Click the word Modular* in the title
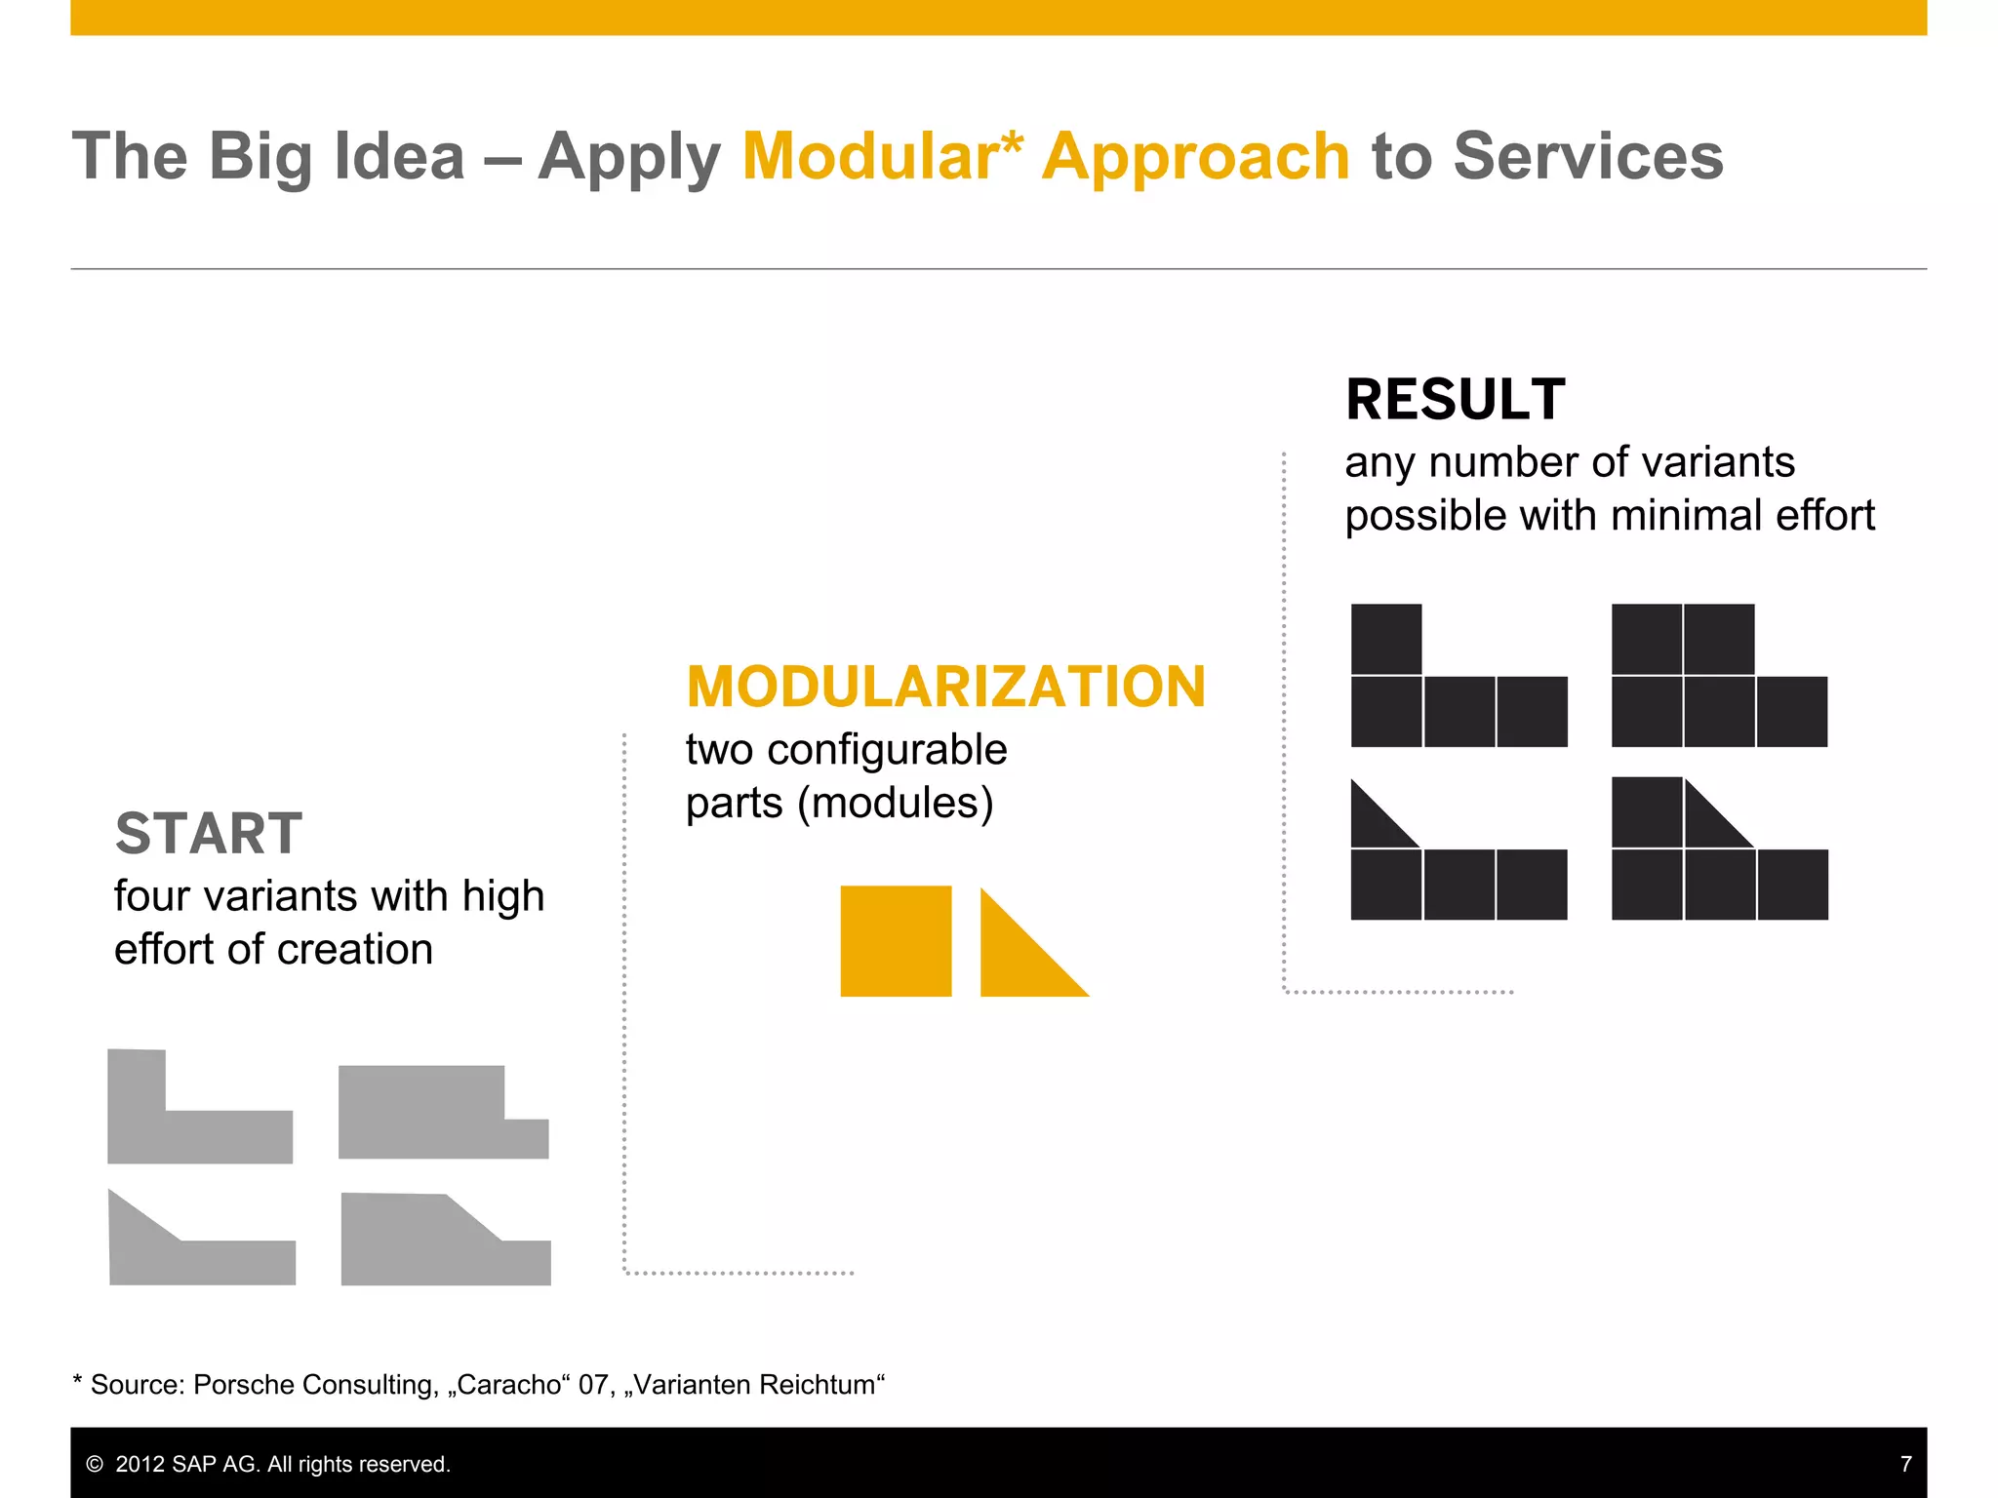[x=882, y=156]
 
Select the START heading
[x=209, y=834]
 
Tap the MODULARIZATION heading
[x=945, y=687]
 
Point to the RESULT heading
[x=1455, y=400]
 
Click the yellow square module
[x=896, y=941]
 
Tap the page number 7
[x=1905, y=1464]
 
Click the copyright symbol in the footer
[x=95, y=1464]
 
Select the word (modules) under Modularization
[x=895, y=804]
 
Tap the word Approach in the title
[x=1195, y=156]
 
